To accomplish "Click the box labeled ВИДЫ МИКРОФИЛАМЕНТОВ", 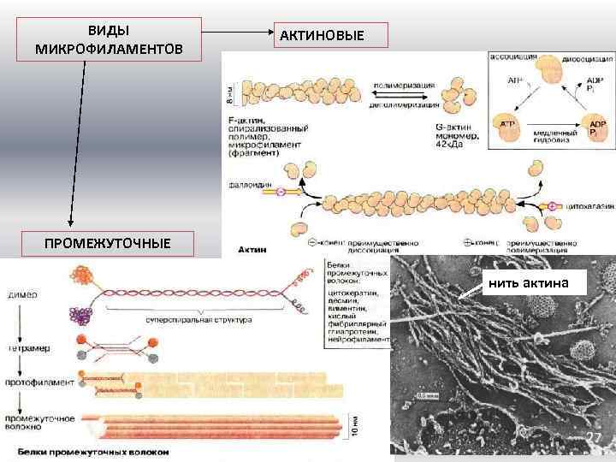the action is click(x=109, y=39).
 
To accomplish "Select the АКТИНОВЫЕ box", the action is click(x=333, y=35).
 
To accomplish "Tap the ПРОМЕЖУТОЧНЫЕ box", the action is click(x=108, y=243).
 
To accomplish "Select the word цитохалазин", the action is click(x=587, y=206).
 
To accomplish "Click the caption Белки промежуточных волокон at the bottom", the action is click(x=91, y=451).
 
